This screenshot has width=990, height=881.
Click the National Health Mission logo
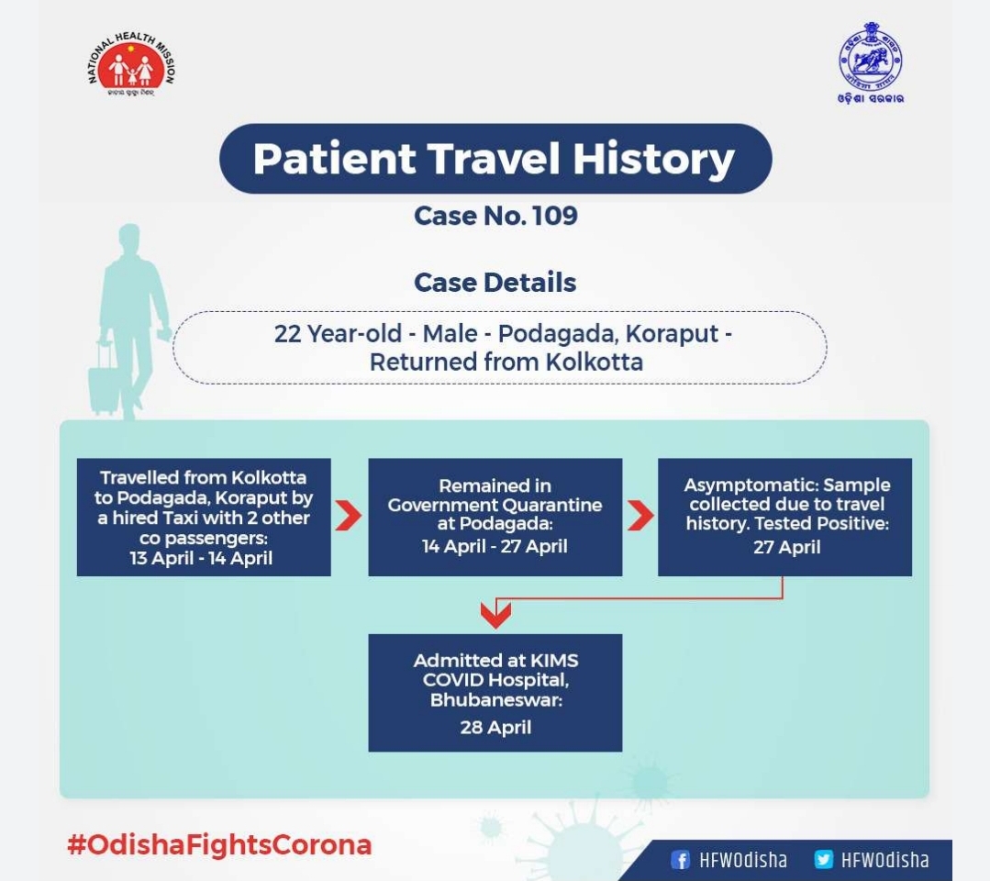130,65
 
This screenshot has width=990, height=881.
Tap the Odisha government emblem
870,62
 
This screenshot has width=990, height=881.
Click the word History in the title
653,159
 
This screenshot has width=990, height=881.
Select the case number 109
555,216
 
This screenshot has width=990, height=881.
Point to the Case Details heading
495,283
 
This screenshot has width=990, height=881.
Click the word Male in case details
450,333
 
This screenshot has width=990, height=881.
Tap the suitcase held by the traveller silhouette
103,380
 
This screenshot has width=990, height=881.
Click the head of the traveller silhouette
129,238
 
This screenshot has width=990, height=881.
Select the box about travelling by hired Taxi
204,518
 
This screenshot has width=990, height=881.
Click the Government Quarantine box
495,518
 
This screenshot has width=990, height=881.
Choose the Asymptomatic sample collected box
784,518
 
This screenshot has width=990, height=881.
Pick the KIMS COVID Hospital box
495,693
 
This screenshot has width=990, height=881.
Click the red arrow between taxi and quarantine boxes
348,516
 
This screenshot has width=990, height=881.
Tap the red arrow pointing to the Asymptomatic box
640,516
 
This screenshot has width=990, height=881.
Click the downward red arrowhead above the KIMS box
495,615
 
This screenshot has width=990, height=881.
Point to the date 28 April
495,728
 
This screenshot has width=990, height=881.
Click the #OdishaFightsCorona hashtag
219,845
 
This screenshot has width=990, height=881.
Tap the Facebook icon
680,860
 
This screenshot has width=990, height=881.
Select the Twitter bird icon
823,859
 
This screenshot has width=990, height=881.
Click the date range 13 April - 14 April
202,558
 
